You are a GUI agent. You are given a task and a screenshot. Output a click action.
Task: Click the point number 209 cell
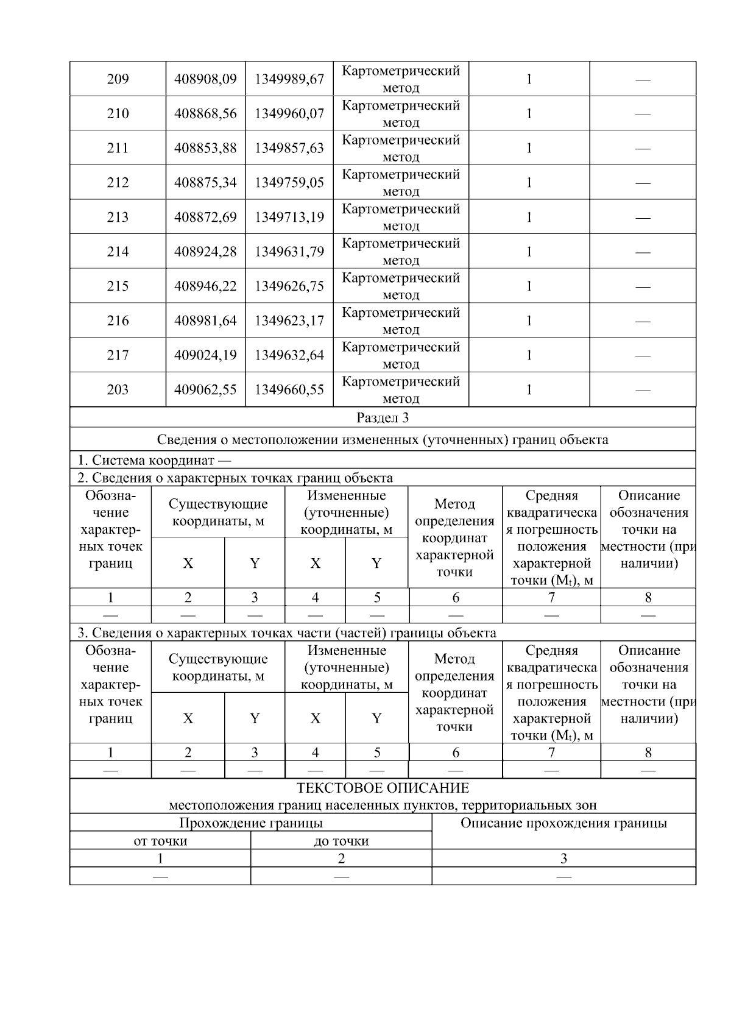(118, 79)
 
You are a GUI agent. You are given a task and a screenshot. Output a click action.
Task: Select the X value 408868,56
(205, 114)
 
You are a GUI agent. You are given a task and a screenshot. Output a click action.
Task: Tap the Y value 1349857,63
(289, 148)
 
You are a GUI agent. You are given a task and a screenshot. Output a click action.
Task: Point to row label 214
(118, 252)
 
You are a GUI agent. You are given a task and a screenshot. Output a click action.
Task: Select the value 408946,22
(205, 286)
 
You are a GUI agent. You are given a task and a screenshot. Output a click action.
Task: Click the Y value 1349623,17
(289, 321)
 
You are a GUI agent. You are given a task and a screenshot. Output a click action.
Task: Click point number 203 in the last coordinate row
(118, 390)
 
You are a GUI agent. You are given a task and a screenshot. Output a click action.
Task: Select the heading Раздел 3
(383, 418)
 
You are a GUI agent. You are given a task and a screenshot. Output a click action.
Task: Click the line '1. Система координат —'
(154, 461)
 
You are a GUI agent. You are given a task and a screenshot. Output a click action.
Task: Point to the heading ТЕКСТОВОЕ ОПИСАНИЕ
(383, 788)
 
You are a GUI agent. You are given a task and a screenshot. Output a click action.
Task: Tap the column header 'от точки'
(160, 841)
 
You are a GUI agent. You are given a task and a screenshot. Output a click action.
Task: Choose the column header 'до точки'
(341, 841)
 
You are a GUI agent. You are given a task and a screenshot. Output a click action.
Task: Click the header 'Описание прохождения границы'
(563, 824)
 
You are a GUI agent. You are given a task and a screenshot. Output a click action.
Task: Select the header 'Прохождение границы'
(250, 824)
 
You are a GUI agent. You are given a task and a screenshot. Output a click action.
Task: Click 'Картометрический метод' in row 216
(401, 321)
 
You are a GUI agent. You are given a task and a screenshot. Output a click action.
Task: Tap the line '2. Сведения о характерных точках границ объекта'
(235, 478)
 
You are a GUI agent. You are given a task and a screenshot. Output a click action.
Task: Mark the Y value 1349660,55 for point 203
(289, 390)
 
